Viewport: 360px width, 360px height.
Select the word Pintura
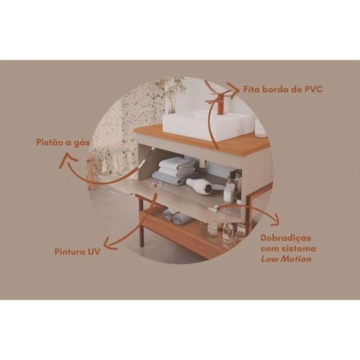point(70,252)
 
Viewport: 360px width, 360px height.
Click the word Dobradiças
point(286,238)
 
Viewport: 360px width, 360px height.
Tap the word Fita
point(251,89)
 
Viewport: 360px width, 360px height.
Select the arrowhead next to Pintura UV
point(111,243)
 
